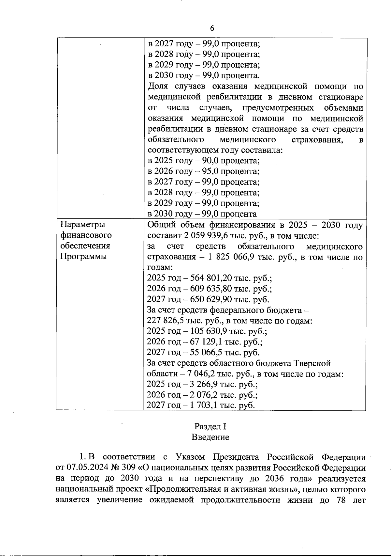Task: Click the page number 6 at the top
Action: tap(212, 28)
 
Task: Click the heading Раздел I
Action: tap(210, 426)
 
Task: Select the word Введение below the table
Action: tap(210, 437)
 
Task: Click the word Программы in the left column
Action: tap(83, 256)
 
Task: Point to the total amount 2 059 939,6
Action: tap(195, 236)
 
